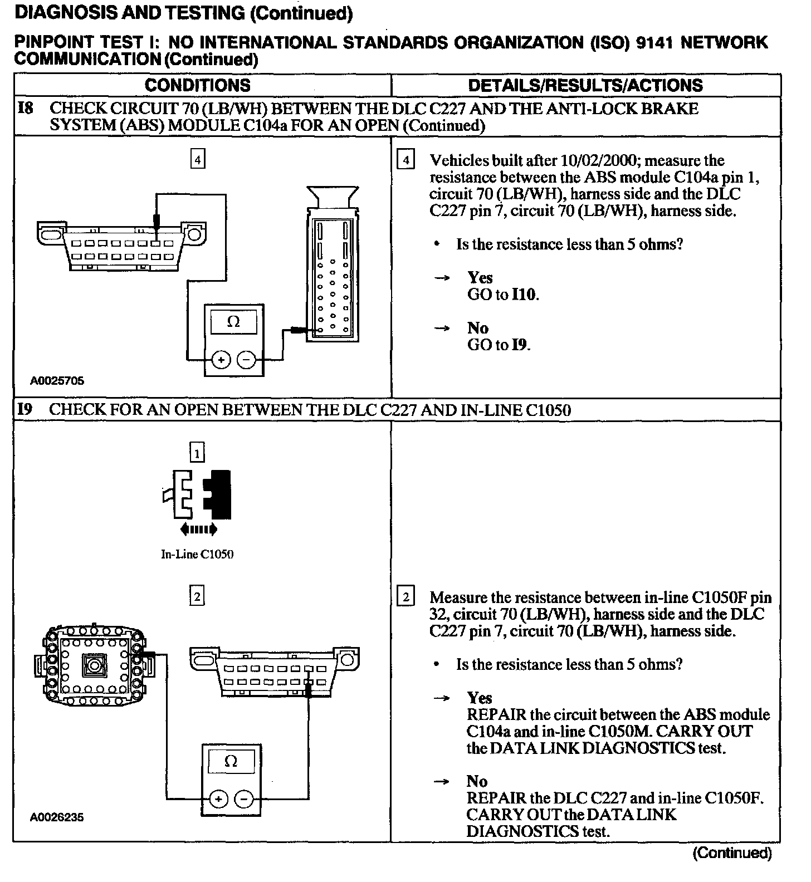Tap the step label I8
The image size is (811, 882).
pos(25,108)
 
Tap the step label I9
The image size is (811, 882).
pos(25,410)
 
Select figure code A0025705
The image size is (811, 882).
pos(57,381)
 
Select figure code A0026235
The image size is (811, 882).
pos(57,817)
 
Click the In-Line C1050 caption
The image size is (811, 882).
pos(197,554)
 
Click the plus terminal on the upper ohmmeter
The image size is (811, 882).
pos(221,360)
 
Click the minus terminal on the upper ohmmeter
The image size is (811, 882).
pos(246,360)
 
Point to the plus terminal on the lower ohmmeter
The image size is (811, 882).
pos(218,800)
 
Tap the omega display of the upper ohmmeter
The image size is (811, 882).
pos(234,322)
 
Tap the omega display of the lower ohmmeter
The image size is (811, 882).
pos(231,761)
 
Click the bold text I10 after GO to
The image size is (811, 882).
pos(524,295)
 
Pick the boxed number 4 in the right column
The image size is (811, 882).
pos(405,161)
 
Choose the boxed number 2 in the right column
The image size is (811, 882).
pos(405,597)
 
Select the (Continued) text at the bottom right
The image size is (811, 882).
pos(732,852)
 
